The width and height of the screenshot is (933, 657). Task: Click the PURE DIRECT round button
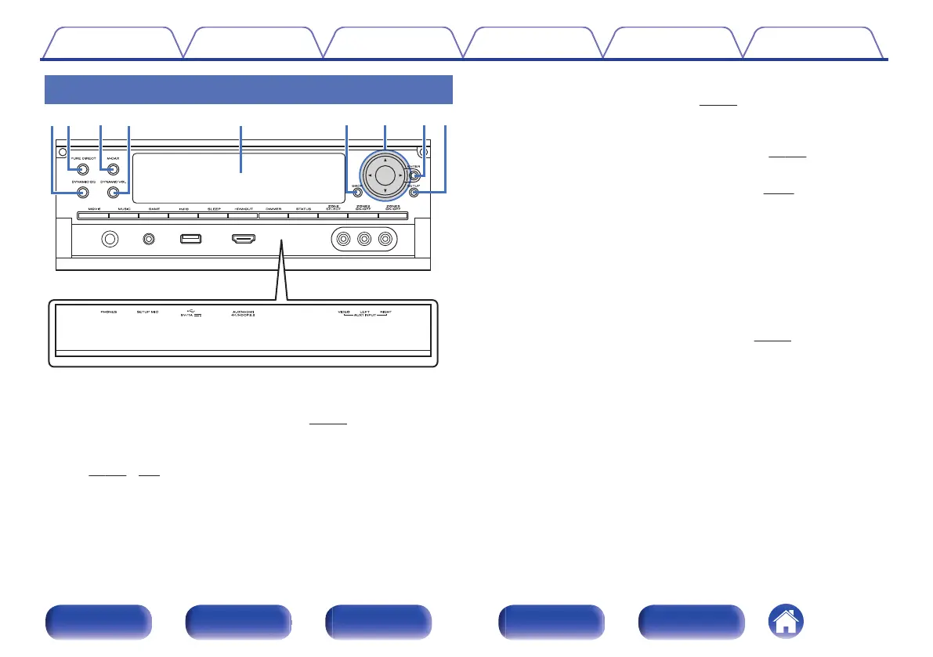82,168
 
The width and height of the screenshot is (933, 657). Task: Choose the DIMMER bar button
273,215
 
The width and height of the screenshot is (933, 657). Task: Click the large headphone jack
110,238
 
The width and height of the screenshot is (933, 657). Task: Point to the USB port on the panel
191,238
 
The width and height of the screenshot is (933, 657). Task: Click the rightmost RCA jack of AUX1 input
385,239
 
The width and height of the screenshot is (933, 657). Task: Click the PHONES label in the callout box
109,312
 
